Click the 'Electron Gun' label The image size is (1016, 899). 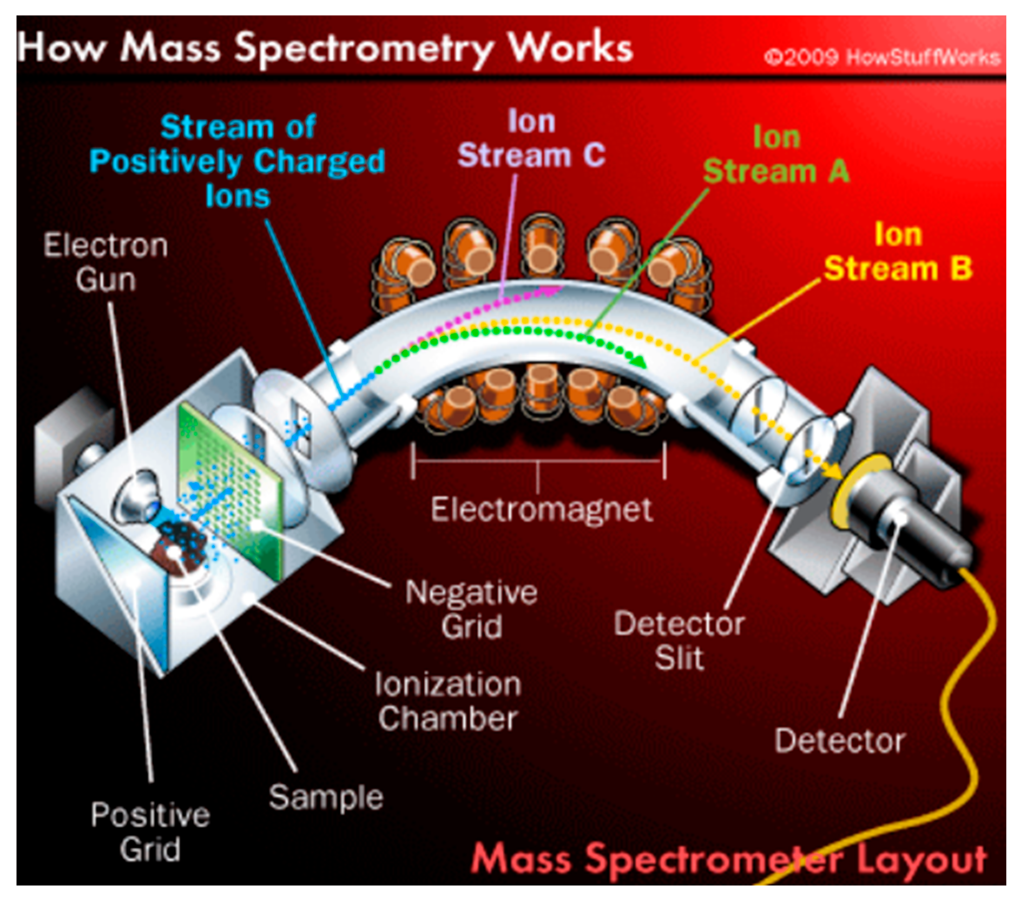tap(105, 262)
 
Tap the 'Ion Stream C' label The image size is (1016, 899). tap(531, 139)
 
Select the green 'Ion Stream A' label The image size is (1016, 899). tap(776, 154)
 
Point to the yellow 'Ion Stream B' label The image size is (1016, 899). tap(898, 251)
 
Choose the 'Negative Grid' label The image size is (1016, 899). tap(471, 609)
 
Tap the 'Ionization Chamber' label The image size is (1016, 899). tap(448, 701)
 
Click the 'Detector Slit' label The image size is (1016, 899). tap(679, 641)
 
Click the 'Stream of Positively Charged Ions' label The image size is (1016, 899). tap(237, 161)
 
